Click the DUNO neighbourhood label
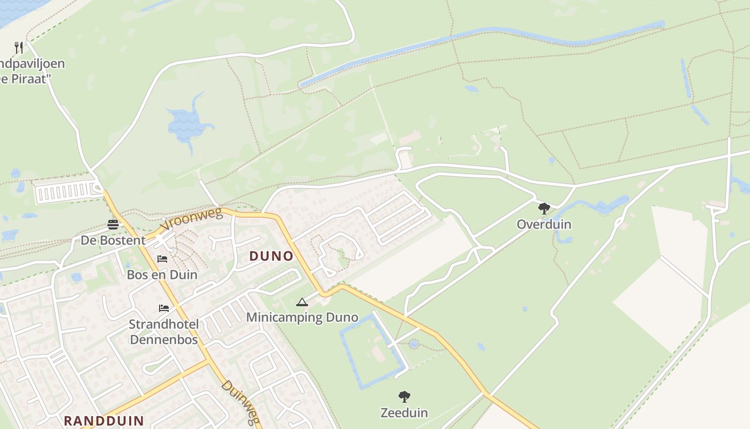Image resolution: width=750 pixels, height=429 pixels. (x=272, y=256)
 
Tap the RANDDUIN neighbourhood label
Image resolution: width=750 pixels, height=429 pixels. (x=104, y=420)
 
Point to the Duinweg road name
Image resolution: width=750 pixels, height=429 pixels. (x=241, y=403)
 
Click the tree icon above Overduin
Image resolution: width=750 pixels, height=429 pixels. (x=544, y=208)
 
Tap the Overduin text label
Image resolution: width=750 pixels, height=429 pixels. (x=544, y=224)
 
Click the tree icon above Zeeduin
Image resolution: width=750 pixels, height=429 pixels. (x=404, y=397)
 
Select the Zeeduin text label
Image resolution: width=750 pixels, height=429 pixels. (x=404, y=412)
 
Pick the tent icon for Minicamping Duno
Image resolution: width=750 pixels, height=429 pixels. (x=302, y=302)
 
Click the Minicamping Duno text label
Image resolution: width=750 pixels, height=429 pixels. (x=302, y=317)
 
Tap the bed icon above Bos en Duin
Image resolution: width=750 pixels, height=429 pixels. (x=162, y=259)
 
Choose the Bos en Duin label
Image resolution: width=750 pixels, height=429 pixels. (x=162, y=275)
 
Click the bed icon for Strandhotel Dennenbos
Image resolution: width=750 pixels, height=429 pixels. (x=164, y=308)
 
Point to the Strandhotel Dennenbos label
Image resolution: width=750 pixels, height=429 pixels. (x=164, y=331)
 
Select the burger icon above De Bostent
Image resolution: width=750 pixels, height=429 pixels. (x=113, y=224)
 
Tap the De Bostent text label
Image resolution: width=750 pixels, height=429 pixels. (x=113, y=240)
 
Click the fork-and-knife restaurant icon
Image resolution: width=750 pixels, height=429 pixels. (x=19, y=48)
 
